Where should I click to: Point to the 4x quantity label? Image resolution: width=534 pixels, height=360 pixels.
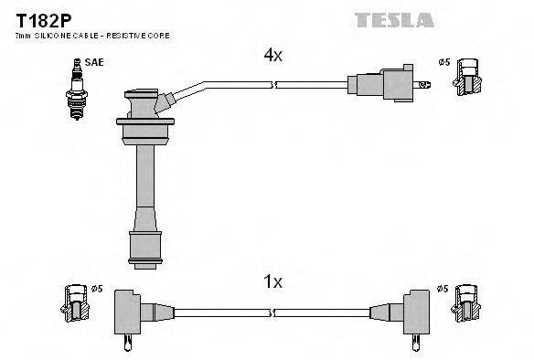(x=272, y=55)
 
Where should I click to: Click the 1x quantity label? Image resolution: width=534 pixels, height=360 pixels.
(x=272, y=283)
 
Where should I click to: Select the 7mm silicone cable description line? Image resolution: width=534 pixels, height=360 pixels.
(x=91, y=35)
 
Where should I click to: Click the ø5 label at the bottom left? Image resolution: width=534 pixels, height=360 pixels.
(x=98, y=290)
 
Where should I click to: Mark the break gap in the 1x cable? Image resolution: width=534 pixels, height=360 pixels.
(x=273, y=312)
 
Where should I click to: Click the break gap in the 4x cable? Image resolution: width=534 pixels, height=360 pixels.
(x=274, y=85)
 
